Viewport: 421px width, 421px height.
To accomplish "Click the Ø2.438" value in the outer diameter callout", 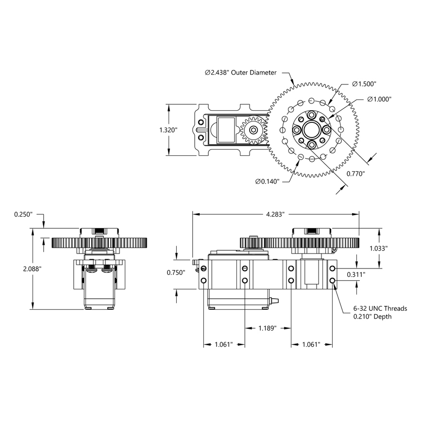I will point(217,72).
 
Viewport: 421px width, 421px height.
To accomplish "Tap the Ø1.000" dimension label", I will point(379,99).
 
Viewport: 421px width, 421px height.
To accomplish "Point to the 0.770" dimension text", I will point(355,173).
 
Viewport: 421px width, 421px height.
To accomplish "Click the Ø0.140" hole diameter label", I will point(267,181).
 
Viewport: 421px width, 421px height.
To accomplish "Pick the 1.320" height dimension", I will point(168,130).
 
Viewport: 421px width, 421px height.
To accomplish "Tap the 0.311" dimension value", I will point(356,274).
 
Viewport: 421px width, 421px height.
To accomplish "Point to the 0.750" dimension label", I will point(176,273).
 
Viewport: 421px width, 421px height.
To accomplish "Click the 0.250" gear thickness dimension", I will point(23,214).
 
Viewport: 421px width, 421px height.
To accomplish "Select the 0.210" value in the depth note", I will point(365,317).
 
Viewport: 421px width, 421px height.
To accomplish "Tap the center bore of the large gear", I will point(311,130).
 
